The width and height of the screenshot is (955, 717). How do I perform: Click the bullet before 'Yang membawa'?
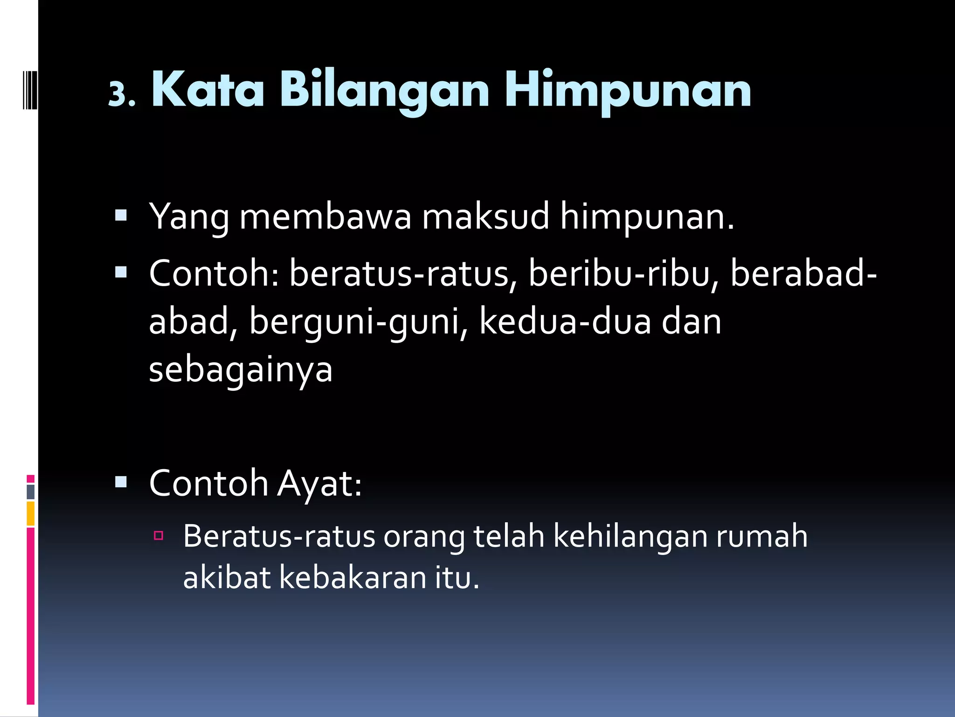[121, 215]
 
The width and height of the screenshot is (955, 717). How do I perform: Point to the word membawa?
[325, 217]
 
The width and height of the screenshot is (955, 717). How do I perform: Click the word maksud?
[485, 217]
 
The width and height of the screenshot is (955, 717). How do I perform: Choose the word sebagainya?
[241, 370]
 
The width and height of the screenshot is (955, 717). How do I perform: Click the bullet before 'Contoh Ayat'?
[121, 481]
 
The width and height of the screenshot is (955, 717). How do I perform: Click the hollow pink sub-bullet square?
[159, 535]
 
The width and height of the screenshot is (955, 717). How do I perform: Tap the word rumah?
[761, 536]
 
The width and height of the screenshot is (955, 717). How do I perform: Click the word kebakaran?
[353, 577]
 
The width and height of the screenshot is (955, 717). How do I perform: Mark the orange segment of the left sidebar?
[31, 513]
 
